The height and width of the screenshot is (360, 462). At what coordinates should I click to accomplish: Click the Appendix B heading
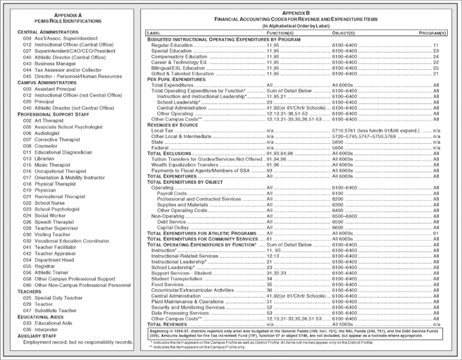click(295, 13)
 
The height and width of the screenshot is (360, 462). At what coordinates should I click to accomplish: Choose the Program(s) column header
click(432, 33)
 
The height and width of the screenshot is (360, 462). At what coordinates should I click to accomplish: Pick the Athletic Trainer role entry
click(51, 272)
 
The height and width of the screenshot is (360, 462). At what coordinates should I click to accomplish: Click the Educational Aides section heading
click(43, 316)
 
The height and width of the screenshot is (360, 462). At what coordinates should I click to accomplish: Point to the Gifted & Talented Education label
click(181, 73)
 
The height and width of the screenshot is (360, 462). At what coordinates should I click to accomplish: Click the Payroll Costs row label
click(172, 193)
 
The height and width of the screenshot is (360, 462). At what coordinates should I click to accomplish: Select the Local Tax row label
click(163, 130)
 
